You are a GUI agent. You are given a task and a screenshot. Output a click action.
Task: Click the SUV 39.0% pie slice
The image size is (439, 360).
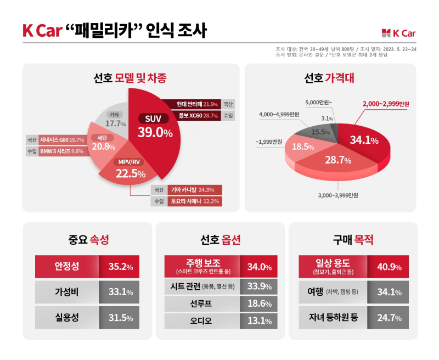[156, 126]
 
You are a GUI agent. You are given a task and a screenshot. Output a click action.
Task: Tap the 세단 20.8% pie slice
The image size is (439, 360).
[103, 143]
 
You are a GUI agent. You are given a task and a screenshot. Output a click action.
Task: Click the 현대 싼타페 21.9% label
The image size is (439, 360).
[194, 104]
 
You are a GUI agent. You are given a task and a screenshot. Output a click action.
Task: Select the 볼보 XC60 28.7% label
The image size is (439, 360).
[194, 116]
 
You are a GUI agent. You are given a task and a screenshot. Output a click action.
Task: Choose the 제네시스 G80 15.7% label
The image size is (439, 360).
[61, 140]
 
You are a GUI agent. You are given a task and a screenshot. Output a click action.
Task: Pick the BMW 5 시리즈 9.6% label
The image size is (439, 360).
[61, 151]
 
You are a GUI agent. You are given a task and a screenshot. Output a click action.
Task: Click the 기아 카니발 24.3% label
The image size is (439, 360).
[195, 190]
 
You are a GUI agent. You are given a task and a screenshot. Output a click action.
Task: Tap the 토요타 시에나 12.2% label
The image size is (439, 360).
[195, 201]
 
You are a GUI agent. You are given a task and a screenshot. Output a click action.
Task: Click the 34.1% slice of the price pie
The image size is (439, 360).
[364, 140]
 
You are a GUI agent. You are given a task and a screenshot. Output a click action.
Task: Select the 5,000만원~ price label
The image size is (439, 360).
[318, 102]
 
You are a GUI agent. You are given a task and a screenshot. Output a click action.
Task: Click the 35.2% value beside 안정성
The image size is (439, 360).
[121, 267]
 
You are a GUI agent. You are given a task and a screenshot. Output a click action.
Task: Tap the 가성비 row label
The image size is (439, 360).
[66, 292]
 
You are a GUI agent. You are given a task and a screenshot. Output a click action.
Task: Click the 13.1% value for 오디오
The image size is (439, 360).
[260, 320]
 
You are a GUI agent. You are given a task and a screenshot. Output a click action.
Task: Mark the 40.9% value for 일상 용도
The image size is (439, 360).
[387, 267]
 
